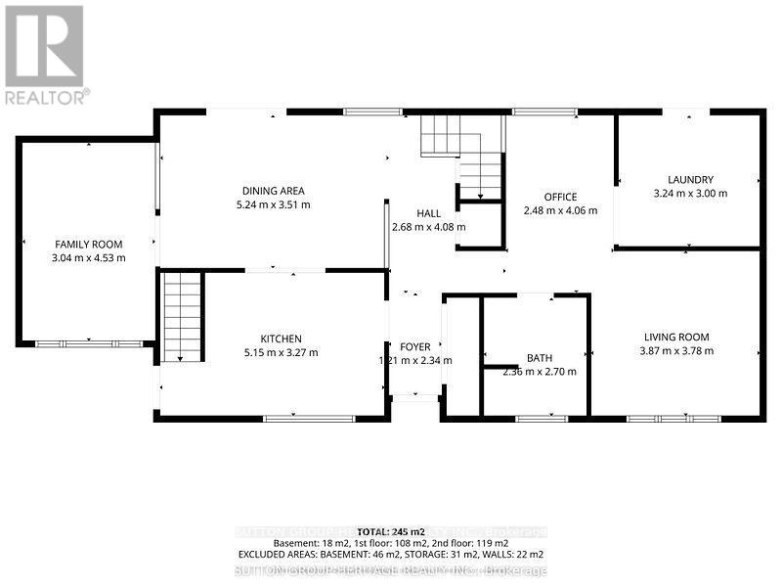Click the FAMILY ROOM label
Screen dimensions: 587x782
[88, 244]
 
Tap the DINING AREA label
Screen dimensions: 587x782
[274, 191]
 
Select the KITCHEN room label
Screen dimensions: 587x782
[281, 339]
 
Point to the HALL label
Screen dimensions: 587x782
[428, 213]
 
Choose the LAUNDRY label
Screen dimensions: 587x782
[690, 179]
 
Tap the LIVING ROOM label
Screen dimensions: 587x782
[676, 337]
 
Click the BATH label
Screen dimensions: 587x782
[540, 358]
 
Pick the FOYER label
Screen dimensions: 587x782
[415, 347]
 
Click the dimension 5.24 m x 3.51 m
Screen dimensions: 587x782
[274, 205]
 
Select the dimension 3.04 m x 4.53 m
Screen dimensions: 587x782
[88, 258]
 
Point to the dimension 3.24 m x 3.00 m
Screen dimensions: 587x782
[690, 194]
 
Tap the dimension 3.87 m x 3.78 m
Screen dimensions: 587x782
[676, 351]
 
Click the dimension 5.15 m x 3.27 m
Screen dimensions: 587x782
[281, 353]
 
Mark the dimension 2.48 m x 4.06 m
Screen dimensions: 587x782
[560, 211]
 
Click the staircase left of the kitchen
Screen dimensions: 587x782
[182, 318]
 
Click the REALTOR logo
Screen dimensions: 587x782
[45, 54]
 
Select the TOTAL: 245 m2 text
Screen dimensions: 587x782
[390, 529]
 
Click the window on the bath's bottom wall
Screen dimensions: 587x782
[542, 419]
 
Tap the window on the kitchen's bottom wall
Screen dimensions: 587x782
[296, 419]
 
